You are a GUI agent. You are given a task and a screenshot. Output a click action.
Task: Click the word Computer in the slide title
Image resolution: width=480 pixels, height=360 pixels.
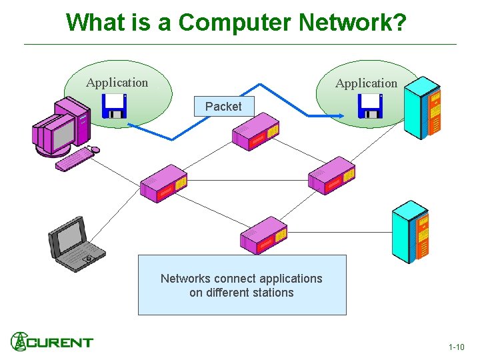(x=237, y=22)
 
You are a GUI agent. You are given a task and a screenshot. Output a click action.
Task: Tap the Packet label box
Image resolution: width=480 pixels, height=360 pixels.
(x=223, y=107)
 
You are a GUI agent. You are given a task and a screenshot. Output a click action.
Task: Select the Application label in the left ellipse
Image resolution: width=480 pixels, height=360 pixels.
(x=117, y=83)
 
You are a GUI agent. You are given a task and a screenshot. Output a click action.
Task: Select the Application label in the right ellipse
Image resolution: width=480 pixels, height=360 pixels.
(x=366, y=83)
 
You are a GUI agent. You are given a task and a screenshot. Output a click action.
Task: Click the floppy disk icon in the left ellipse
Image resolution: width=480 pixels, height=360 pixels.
(x=114, y=106)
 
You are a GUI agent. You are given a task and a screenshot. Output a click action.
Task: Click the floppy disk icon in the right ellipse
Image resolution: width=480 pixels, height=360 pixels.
(x=370, y=106)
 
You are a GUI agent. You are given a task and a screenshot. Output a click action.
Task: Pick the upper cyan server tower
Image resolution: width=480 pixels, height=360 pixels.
(x=424, y=107)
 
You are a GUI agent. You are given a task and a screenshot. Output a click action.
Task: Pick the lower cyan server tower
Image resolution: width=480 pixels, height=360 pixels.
(x=412, y=231)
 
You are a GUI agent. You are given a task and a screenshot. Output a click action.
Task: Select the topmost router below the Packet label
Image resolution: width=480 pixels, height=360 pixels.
(x=255, y=136)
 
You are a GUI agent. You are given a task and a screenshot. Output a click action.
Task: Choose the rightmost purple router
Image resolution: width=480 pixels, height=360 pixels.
(x=331, y=175)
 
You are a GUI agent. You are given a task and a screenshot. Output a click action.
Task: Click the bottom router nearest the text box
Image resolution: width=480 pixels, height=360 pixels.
(x=263, y=235)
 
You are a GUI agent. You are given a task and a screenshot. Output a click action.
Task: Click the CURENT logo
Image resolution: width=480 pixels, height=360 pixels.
(x=52, y=342)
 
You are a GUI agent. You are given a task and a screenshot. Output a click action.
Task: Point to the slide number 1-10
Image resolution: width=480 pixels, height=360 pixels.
(x=457, y=347)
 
